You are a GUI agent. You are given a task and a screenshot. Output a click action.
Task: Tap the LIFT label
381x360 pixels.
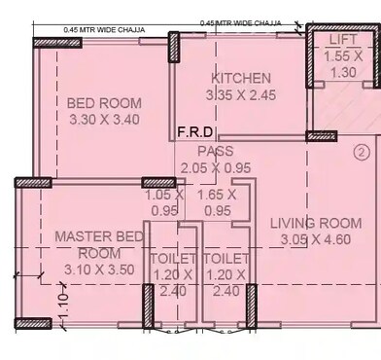tap(343, 40)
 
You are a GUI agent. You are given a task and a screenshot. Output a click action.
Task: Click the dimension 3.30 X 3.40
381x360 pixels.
tap(103, 121)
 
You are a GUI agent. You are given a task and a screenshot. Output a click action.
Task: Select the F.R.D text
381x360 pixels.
tap(194, 133)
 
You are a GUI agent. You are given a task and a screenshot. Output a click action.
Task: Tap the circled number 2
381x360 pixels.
tap(361, 152)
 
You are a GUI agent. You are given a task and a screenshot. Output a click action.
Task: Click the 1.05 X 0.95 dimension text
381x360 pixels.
tap(163, 201)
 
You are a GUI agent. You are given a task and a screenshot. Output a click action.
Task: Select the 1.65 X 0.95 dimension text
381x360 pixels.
tap(216, 201)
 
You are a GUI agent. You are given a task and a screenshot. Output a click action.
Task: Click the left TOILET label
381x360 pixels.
tap(173, 260)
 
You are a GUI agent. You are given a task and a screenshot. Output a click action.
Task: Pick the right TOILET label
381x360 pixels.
tap(226, 260)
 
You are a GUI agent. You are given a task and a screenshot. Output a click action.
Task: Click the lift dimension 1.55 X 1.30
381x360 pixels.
tap(343, 64)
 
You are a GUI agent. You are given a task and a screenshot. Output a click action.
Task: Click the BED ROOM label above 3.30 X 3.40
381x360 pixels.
tap(103, 103)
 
